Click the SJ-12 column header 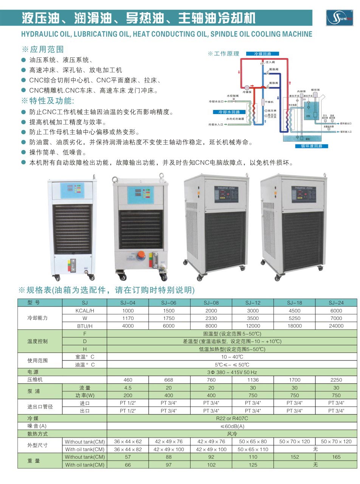coord(253,303)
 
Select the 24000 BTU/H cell coord(336,326)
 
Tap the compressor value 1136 coord(253,380)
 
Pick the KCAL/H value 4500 coord(295,310)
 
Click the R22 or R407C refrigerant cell coord(232,419)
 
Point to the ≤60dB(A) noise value coord(232,427)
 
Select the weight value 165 coord(336,457)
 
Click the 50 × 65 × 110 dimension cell coord(253,450)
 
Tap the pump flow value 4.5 coord(128,388)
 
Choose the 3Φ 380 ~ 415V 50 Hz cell coord(232,373)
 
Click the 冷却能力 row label coord(38,318)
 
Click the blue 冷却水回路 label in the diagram coord(227,112)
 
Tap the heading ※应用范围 coord(43,49)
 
